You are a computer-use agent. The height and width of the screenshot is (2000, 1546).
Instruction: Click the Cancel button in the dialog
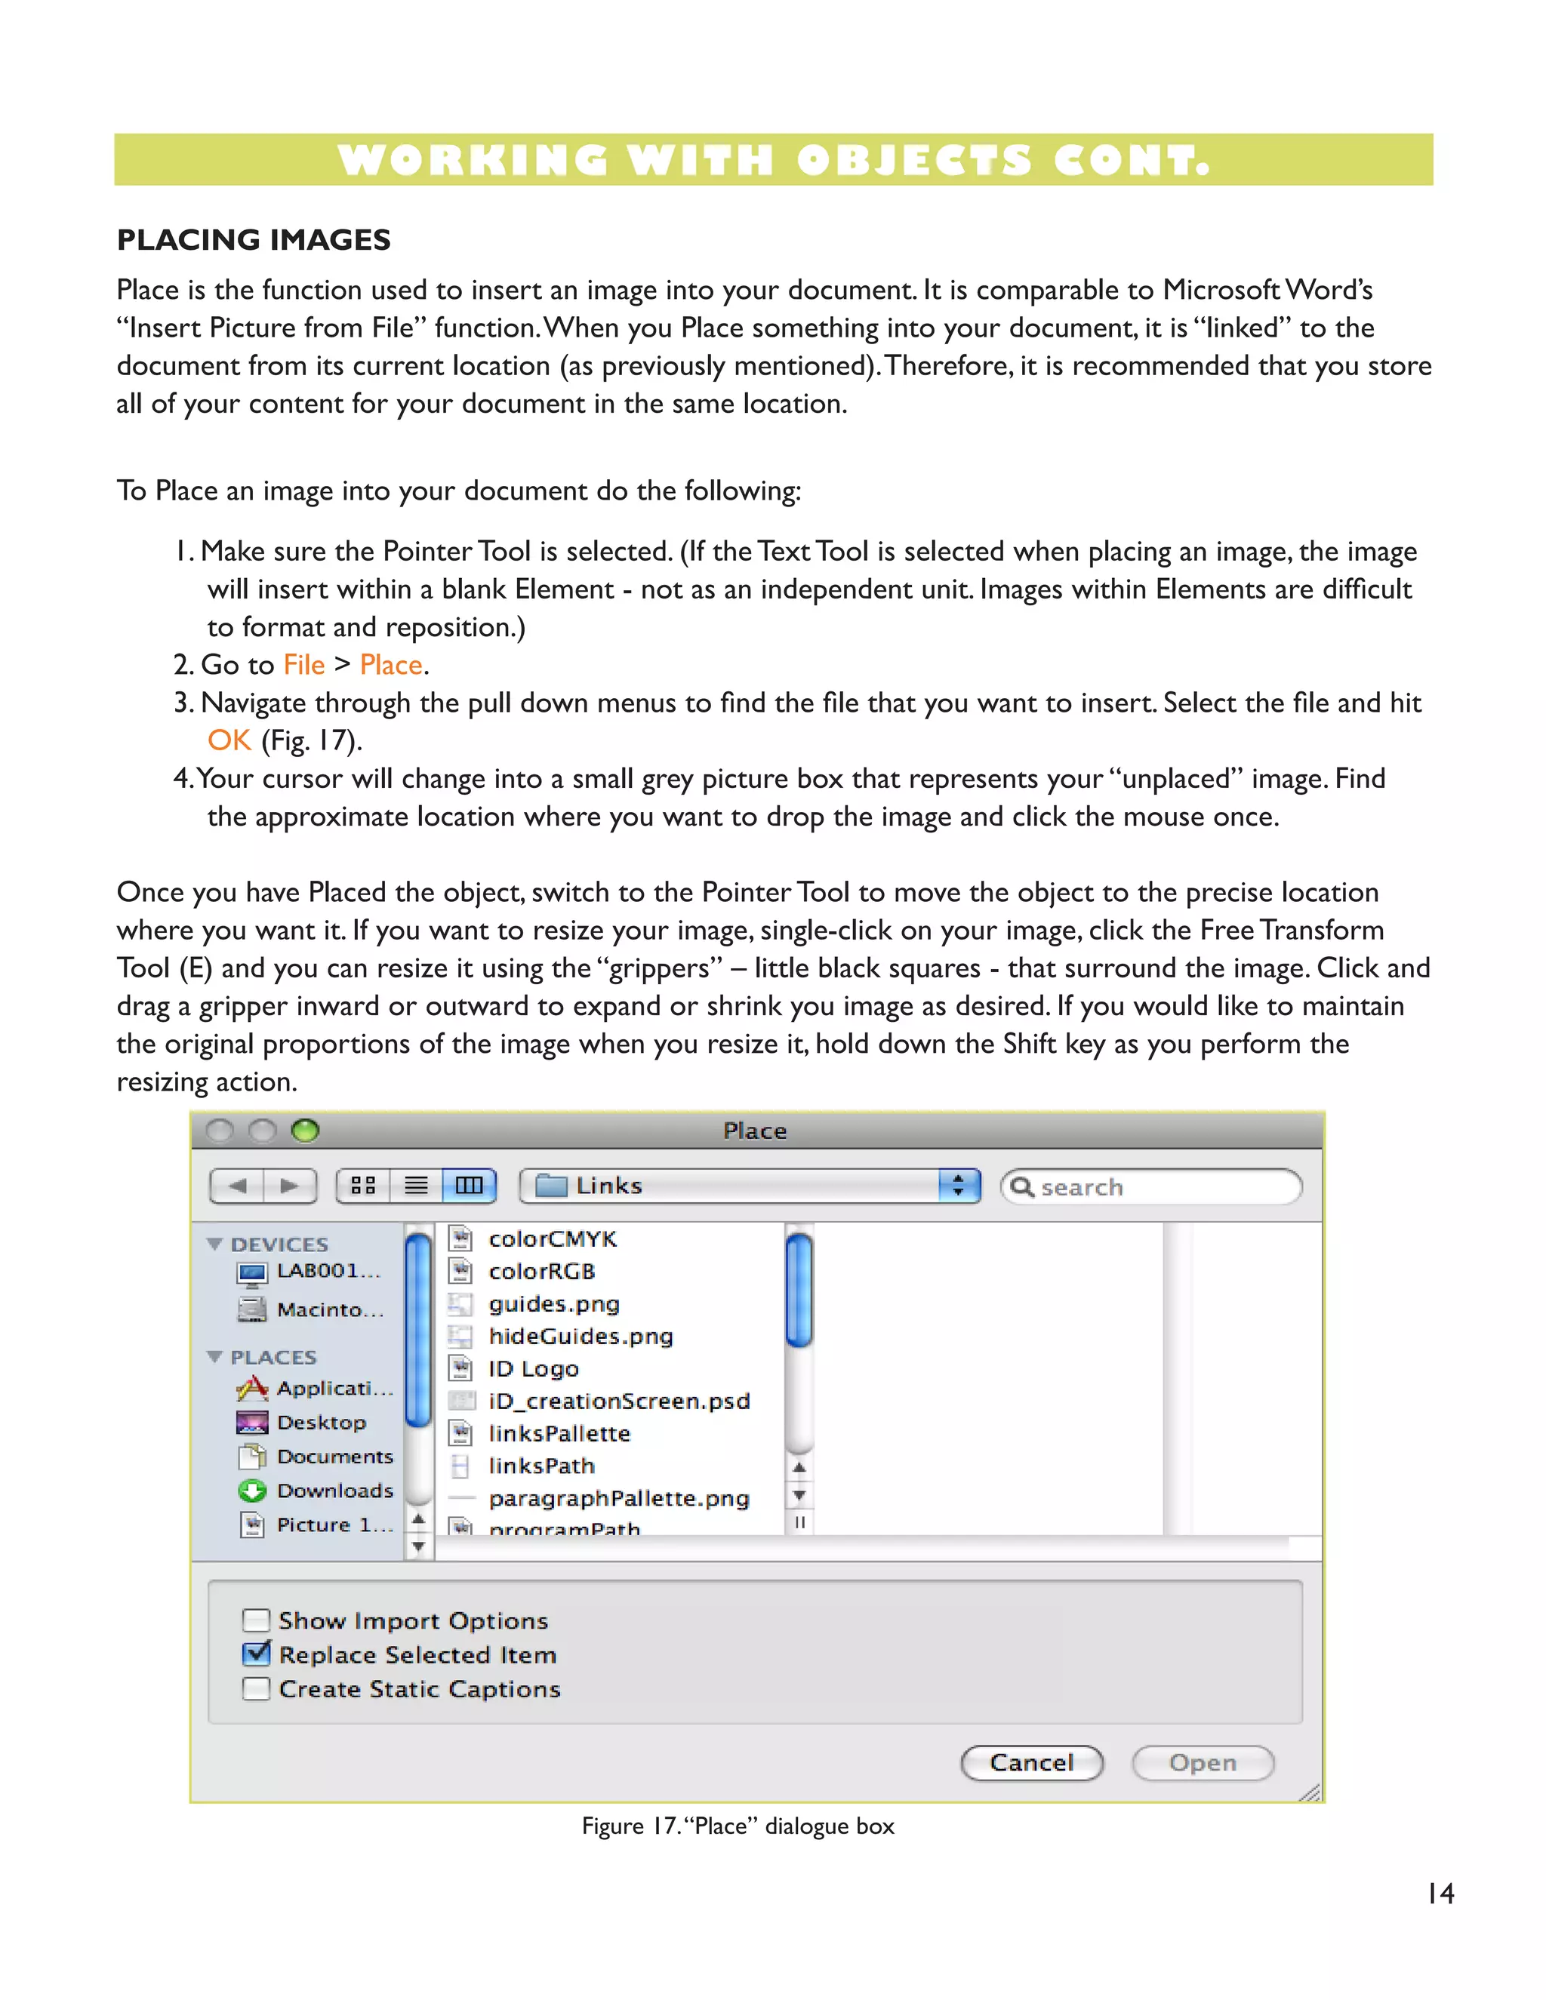[1031, 1763]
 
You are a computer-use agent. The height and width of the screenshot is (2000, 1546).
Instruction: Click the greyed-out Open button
[1203, 1763]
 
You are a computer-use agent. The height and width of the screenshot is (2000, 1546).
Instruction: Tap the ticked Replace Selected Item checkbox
[257, 1654]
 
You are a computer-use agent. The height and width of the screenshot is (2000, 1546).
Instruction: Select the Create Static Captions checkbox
[257, 1688]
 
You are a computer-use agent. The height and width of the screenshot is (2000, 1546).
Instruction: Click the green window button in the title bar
[305, 1131]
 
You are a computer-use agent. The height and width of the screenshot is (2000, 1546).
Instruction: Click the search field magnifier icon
[1021, 1187]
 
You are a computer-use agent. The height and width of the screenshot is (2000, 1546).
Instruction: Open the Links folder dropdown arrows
[958, 1186]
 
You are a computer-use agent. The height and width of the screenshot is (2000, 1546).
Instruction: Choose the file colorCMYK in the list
[553, 1239]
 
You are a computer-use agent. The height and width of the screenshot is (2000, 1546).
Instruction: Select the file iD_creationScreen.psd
[618, 1401]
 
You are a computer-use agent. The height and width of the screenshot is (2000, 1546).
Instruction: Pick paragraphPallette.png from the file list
[618, 1498]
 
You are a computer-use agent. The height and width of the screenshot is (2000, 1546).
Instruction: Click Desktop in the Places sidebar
[321, 1422]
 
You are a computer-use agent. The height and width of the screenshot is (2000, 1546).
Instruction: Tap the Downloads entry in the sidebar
[334, 1491]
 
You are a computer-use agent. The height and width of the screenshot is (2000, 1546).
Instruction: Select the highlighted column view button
[469, 1186]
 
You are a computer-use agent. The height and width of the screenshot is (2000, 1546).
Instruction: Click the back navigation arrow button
[237, 1186]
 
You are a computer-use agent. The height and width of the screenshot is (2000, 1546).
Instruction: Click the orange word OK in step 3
[229, 740]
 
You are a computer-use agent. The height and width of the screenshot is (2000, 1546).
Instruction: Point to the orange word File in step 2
[304, 665]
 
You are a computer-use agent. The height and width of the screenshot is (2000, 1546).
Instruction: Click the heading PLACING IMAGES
[254, 240]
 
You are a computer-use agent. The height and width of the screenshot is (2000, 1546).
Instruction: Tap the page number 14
[1440, 1893]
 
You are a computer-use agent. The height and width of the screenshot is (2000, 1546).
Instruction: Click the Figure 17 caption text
[738, 1826]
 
